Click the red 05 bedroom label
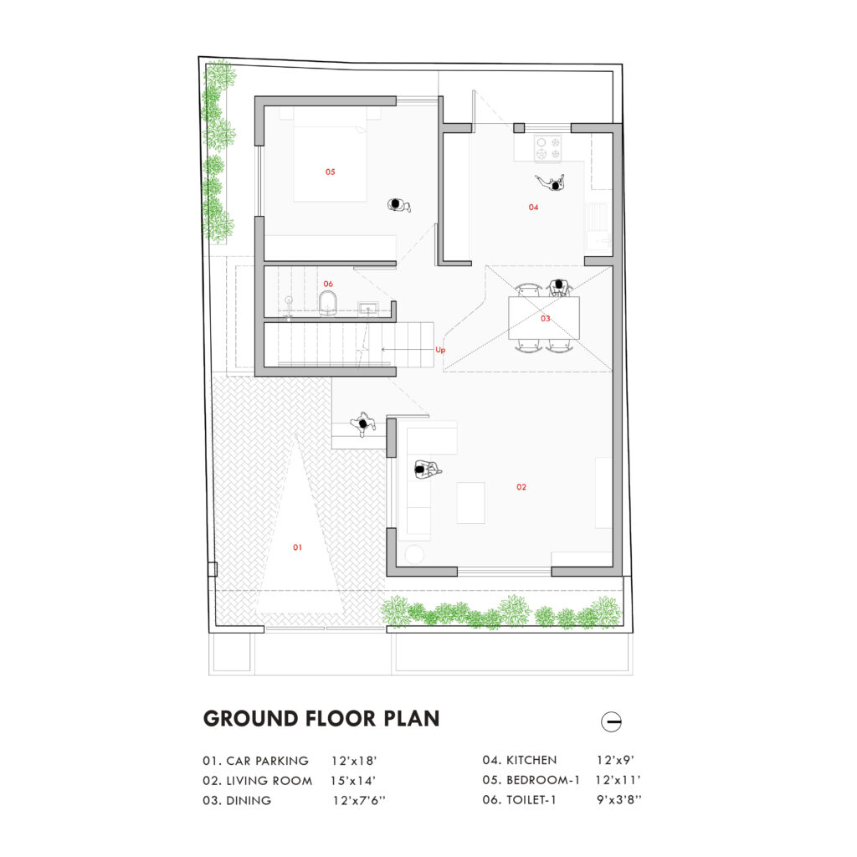(330, 172)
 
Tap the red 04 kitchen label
(533, 208)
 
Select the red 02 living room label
(521, 487)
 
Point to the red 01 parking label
(297, 547)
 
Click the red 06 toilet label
(328, 284)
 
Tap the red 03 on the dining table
(546, 318)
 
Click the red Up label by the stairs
(440, 350)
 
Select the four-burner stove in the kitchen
(548, 148)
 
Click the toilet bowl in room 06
(327, 303)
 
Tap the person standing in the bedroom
(398, 206)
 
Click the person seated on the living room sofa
(427, 470)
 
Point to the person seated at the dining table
(559, 288)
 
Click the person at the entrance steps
(363, 424)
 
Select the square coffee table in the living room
(470, 503)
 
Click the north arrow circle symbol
(611, 721)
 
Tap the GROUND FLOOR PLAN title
(321, 719)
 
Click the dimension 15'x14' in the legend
(353, 781)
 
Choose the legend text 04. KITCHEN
(520, 760)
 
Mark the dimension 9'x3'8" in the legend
(618, 799)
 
